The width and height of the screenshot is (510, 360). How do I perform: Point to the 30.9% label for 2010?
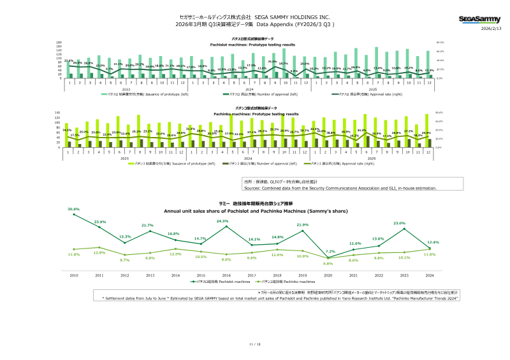click(x=73, y=209)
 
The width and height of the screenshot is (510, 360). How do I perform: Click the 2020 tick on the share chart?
click(x=328, y=275)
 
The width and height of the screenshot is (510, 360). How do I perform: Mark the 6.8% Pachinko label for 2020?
click(x=328, y=263)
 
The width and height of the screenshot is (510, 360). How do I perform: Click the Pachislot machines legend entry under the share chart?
click(x=216, y=281)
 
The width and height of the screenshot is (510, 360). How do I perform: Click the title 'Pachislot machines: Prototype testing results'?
click(x=253, y=45)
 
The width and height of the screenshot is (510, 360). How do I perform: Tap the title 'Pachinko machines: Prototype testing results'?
click(x=253, y=113)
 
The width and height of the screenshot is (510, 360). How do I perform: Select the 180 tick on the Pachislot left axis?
click(x=59, y=43)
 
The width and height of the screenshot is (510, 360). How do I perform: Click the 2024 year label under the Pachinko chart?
click(x=249, y=158)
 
